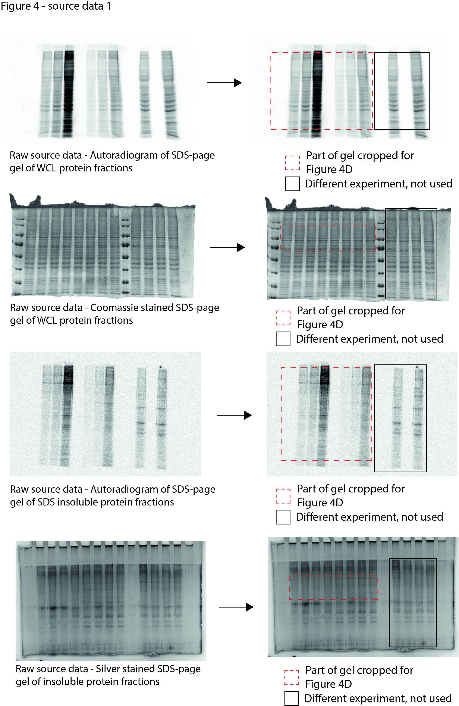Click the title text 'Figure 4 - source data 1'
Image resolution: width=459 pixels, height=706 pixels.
(56, 6)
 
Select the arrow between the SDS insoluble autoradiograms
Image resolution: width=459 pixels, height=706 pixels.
(234, 415)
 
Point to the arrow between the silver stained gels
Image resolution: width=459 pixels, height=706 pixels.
(236, 607)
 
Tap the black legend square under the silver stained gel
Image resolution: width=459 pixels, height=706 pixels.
(292, 698)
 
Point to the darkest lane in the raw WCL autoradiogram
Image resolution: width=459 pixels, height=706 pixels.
(69, 92)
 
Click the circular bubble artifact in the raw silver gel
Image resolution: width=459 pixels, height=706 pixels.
(170, 611)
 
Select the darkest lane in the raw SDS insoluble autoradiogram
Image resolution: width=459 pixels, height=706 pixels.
(68, 415)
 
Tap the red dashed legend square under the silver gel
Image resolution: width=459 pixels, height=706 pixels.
(292, 677)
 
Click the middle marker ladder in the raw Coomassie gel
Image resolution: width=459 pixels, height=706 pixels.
(125, 252)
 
